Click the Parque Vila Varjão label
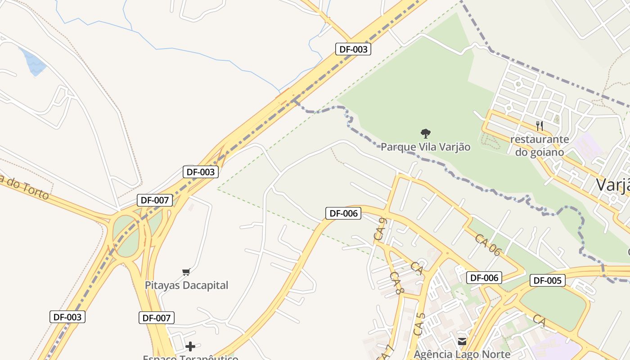pyautogui.click(x=425, y=147)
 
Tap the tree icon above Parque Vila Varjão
pyautogui.click(x=425, y=133)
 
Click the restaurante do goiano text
pyautogui.click(x=540, y=146)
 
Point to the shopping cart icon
pyautogui.click(x=186, y=271)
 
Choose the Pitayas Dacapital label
pyautogui.click(x=186, y=285)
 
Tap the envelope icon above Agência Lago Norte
pyautogui.click(x=462, y=342)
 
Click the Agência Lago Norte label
pyautogui.click(x=462, y=354)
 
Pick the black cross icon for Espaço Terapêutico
pyautogui.click(x=190, y=346)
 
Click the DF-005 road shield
pyautogui.click(x=547, y=281)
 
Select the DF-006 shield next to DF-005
pyautogui.click(x=484, y=278)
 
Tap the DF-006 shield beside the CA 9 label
pyautogui.click(x=343, y=213)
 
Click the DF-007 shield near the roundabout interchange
pyautogui.click(x=154, y=200)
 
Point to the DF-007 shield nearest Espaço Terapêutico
pyautogui.click(x=156, y=318)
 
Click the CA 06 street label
pyautogui.click(x=487, y=245)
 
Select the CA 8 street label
pyautogui.click(x=396, y=283)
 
